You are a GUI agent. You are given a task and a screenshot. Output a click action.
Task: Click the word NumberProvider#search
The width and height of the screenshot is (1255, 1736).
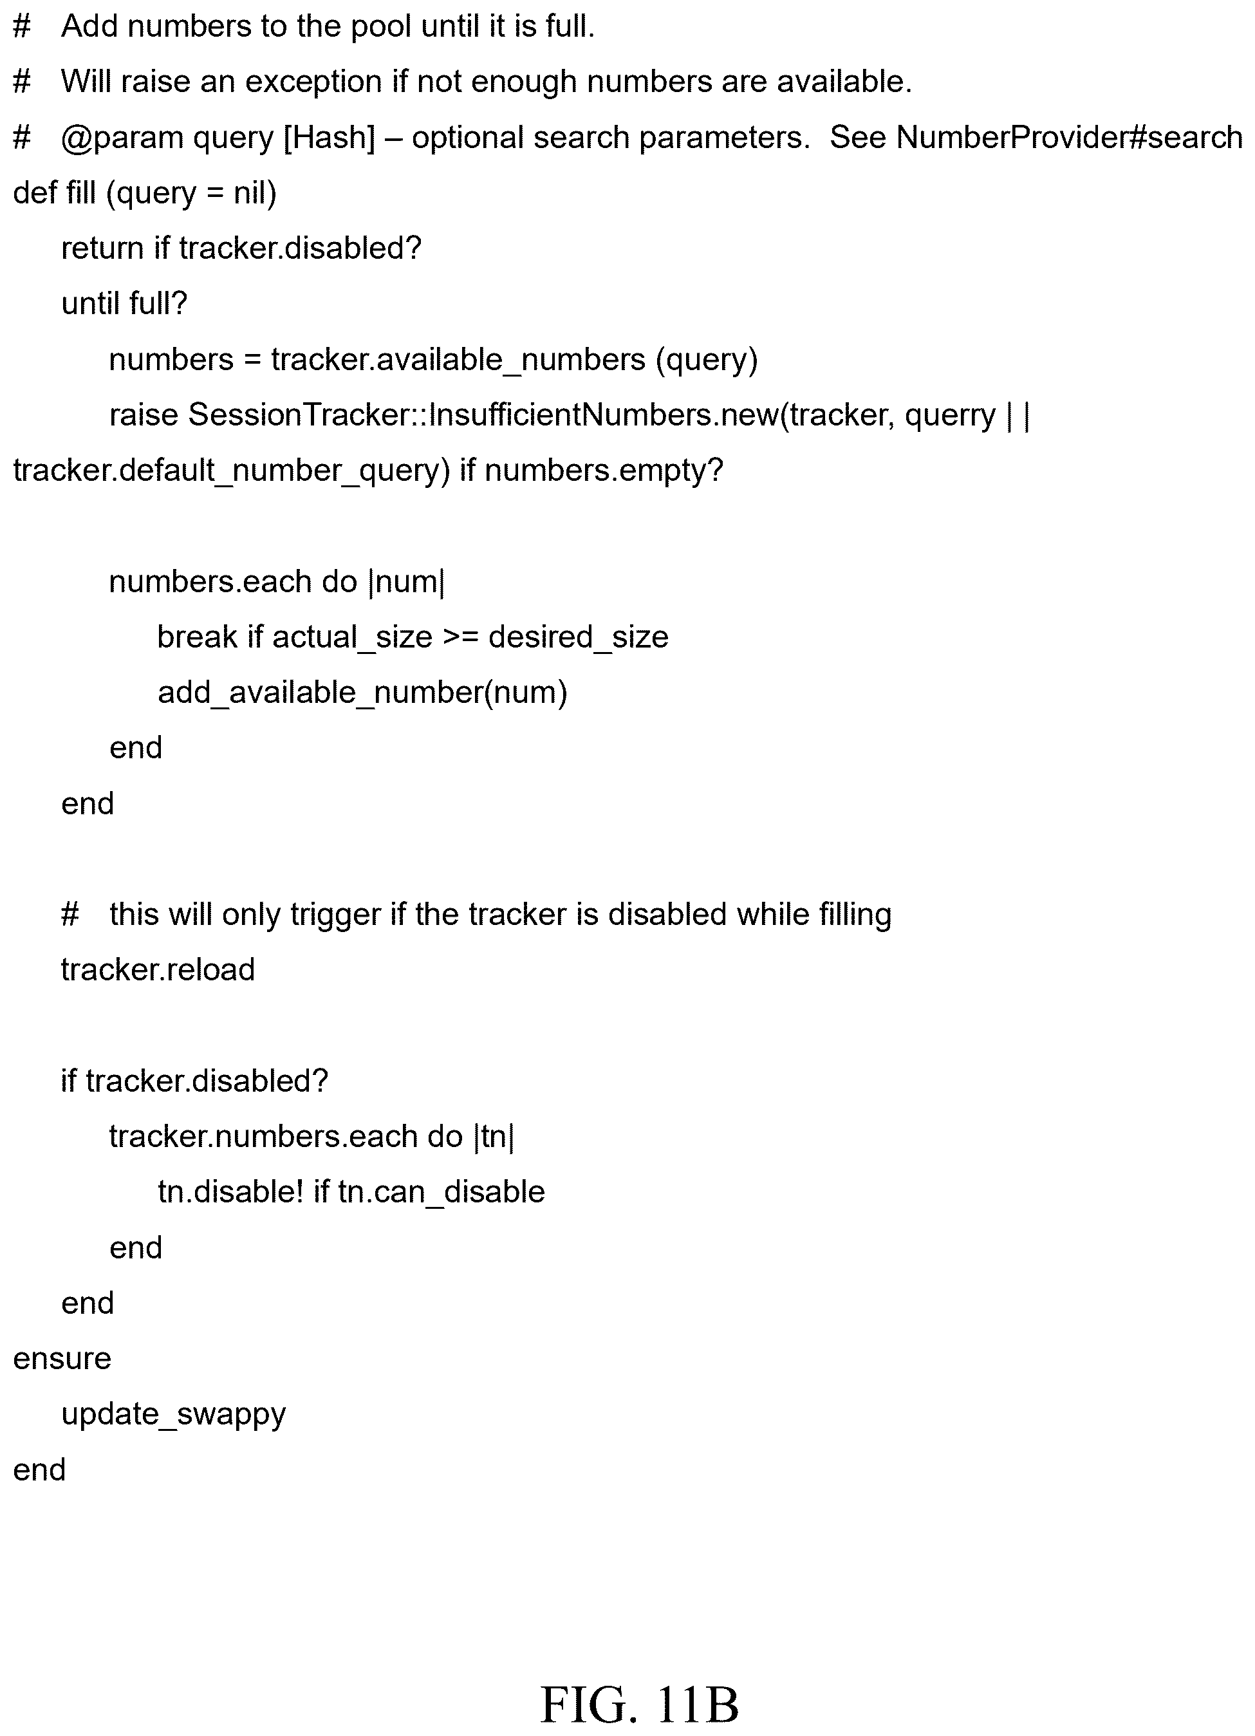[1069, 137]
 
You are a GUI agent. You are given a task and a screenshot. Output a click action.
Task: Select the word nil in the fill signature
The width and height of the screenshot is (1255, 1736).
[255, 193]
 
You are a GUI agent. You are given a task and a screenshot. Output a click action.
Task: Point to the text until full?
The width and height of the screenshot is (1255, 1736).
[124, 303]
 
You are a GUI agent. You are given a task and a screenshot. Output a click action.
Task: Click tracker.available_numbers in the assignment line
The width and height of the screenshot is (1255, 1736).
[458, 360]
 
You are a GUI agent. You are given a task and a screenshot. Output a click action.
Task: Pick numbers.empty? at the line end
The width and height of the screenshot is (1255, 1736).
[604, 471]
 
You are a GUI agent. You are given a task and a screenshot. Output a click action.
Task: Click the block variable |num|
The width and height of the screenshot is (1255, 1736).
[406, 582]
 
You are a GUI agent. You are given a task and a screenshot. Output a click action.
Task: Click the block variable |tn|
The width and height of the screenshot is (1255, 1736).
[494, 1137]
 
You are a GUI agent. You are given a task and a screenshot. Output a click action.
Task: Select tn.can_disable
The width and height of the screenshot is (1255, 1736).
[442, 1192]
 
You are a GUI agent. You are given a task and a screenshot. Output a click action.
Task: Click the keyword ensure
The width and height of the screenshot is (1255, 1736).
[62, 1359]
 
